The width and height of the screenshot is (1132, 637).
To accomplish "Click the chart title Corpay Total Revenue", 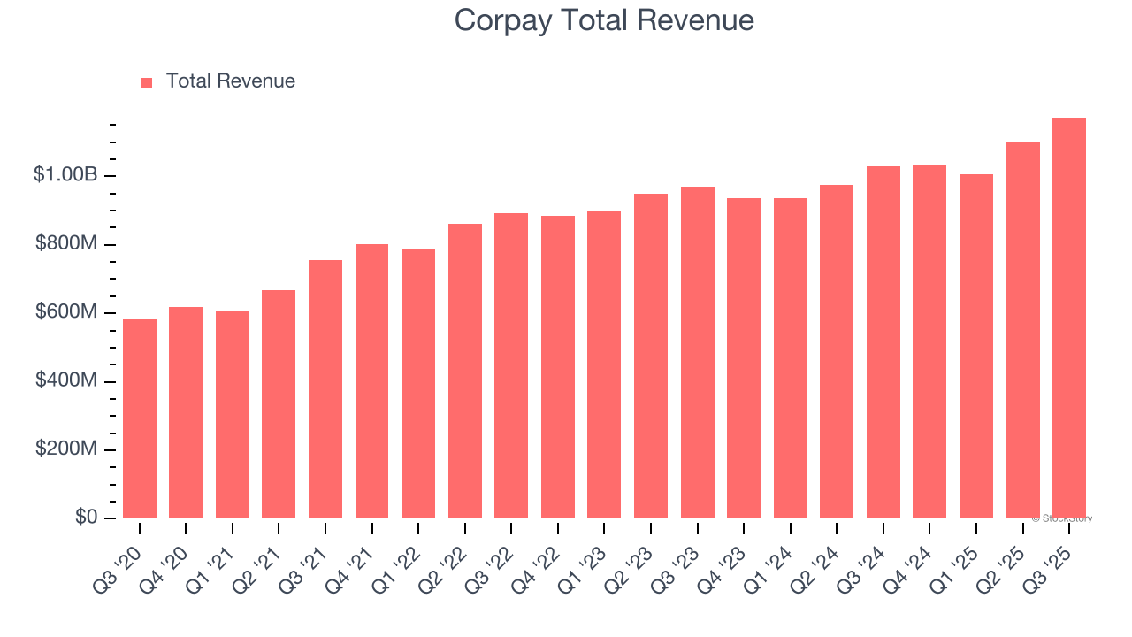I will pos(604,19).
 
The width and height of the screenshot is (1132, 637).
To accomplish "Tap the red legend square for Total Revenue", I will pos(147,82).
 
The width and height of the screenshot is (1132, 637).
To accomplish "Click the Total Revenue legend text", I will pos(230,81).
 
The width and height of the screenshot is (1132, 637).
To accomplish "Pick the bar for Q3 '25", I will pos(1069,318).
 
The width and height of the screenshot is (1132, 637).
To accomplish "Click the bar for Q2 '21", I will pos(279,404).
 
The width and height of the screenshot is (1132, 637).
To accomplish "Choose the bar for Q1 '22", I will pos(418,383).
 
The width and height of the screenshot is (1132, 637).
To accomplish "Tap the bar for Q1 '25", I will pos(976,346).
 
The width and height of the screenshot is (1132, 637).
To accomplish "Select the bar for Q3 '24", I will pos(883,342).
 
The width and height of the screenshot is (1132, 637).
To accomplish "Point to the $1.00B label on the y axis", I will pos(65,175).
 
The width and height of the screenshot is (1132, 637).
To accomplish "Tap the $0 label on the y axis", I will pos(86,518).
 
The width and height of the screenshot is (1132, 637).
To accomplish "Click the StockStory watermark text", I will pos(1062,518).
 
